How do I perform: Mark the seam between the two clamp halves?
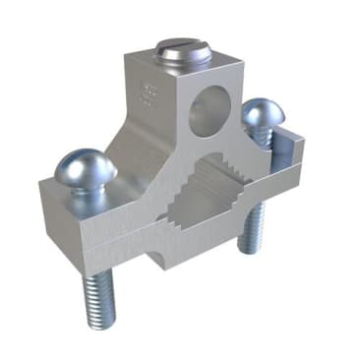(x=118, y=228)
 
